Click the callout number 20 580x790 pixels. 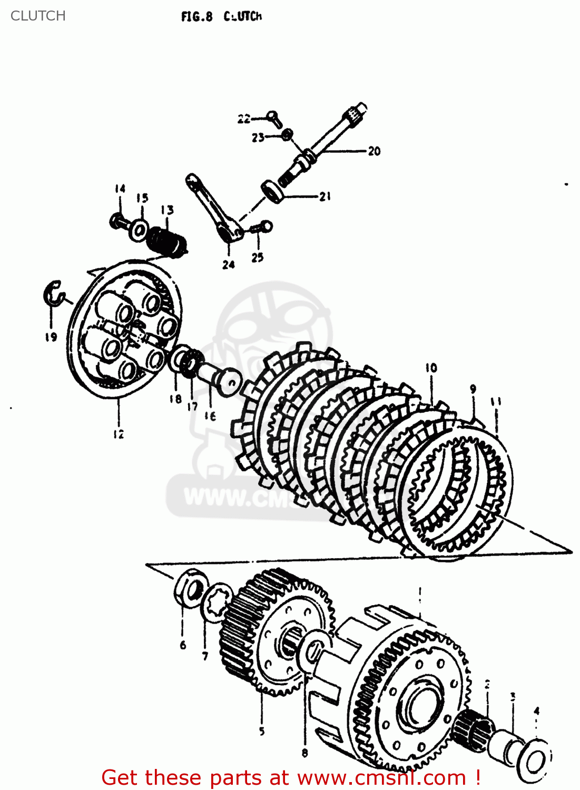pos(374,151)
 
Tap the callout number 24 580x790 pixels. pos(228,264)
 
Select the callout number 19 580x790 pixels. pos(51,337)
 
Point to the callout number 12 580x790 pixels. pos(119,434)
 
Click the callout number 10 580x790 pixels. pos(431,368)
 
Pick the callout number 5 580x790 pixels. pos(262,731)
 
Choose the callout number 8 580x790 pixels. pos(304,753)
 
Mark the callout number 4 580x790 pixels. pos(536,711)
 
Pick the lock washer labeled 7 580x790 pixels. pos(218,602)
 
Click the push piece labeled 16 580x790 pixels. pos(220,377)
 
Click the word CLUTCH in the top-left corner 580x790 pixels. pos(38,16)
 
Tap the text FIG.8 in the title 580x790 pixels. pos(196,17)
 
